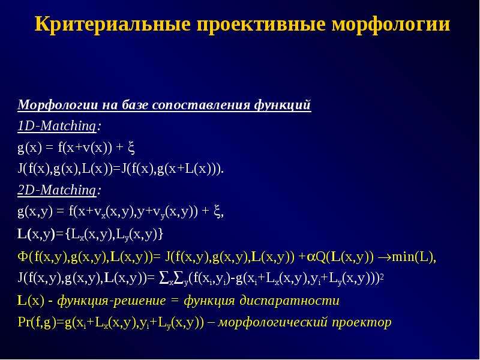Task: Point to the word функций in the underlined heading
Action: [x=282, y=105]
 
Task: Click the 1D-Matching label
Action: [x=57, y=126]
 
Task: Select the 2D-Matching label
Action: [x=57, y=190]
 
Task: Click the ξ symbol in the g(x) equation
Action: [x=131, y=148]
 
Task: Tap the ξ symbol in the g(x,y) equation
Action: [x=217, y=212]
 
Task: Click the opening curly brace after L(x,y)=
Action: [x=68, y=235]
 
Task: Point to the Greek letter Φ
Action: [x=23, y=257]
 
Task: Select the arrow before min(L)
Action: [x=385, y=257]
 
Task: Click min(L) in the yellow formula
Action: [x=412, y=257]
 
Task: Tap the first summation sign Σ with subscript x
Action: [x=166, y=278]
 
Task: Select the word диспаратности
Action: [x=289, y=301]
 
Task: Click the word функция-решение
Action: [x=112, y=301]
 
